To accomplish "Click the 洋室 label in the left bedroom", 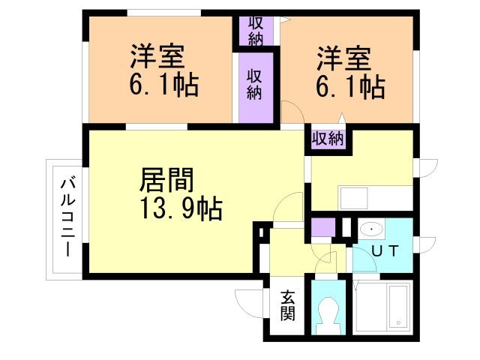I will click(158, 56).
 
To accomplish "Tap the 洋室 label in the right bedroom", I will click(344, 58).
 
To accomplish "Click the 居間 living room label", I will click(166, 180).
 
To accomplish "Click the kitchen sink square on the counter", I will click(352, 198).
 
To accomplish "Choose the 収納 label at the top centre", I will click(256, 30).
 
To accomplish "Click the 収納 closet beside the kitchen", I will click(327, 138).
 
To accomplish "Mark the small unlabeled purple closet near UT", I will click(323, 227).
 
